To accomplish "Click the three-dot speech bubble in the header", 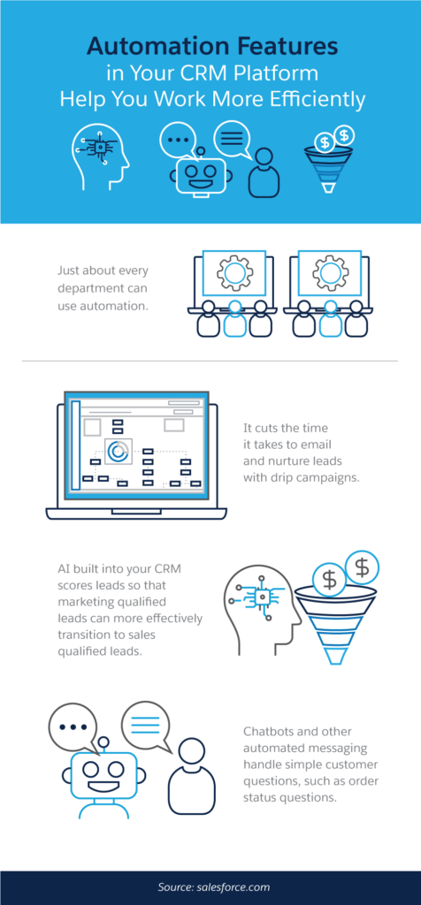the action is pyautogui.click(x=179, y=141).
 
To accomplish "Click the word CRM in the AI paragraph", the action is pyautogui.click(x=166, y=569).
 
